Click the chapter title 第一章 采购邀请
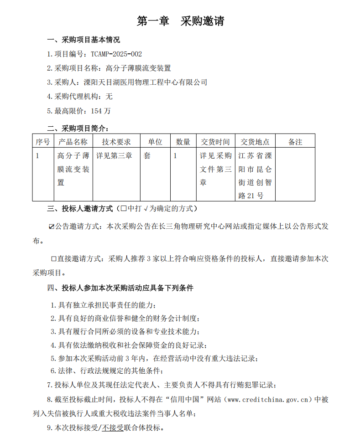coord(180,21)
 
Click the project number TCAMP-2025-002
coord(113,54)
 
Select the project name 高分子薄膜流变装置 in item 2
coord(138,68)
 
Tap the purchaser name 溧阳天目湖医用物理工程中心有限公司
coord(146,82)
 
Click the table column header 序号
coord(43,142)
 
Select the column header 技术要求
coord(116,142)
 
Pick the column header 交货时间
coord(215,142)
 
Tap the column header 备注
coord(295,142)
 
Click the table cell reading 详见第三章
coord(114,155)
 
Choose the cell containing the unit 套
coord(147,155)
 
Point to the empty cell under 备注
coord(295,174)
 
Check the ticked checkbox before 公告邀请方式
coord(52,227)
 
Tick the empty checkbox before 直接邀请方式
coord(53,259)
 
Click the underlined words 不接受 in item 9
coord(112,428)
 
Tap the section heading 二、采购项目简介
coord(78,128)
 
